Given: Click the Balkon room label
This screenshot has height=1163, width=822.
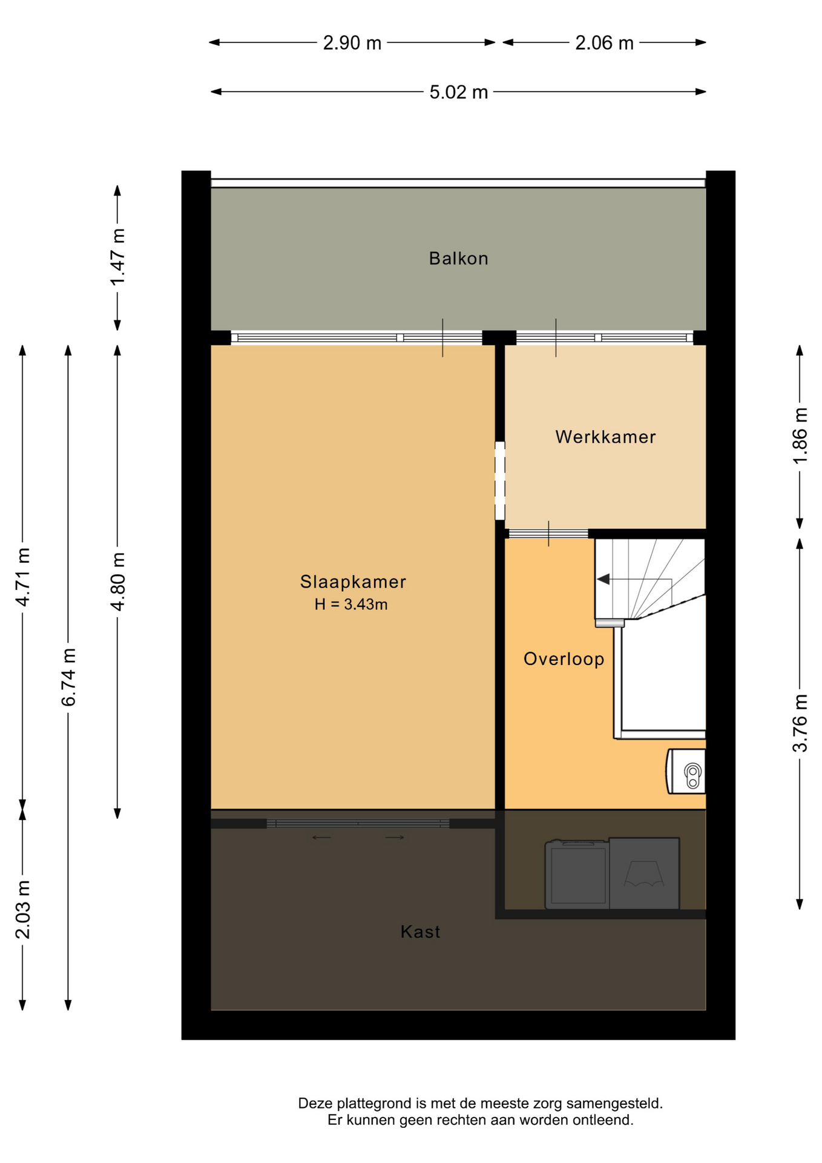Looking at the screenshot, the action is click(458, 259).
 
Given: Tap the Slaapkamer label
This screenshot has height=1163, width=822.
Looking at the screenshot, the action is click(353, 582).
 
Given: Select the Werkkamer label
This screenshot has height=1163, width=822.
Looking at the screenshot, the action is click(605, 437).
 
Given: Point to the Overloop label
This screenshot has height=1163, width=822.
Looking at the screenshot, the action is click(564, 659).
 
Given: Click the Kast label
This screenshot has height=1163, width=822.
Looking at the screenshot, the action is click(420, 932).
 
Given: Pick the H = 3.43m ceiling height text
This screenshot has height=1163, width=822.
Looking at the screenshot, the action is click(351, 605).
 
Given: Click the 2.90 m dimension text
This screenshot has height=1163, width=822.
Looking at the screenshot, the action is click(352, 43).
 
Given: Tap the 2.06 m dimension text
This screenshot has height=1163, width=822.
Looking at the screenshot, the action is click(604, 43).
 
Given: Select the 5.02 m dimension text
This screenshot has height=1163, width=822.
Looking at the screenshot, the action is click(459, 92).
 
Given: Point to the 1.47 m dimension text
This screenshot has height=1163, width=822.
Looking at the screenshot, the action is click(118, 257).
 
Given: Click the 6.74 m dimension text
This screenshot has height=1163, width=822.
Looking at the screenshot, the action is click(69, 677).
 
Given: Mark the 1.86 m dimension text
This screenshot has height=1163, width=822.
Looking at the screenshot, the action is click(800, 436).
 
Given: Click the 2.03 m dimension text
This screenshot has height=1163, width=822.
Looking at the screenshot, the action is click(23, 910).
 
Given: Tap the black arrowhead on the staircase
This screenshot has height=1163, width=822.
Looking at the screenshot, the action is click(603, 579).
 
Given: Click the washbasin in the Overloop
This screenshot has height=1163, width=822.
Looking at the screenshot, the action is click(686, 771).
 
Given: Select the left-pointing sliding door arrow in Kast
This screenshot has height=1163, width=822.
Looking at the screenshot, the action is click(321, 838).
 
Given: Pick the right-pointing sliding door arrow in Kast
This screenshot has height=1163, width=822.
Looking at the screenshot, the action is click(395, 838).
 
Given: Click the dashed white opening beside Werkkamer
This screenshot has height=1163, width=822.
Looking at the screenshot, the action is click(500, 480).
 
